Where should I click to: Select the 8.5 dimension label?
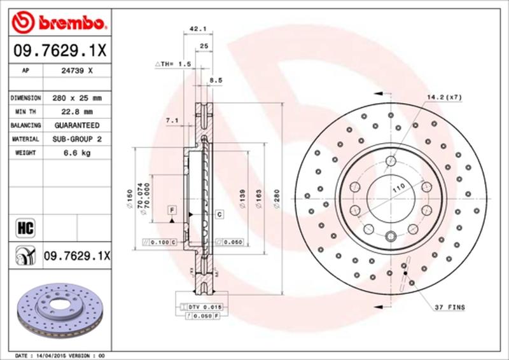[x=216, y=80]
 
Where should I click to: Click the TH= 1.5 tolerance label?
[x=173, y=64]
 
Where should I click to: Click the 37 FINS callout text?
[x=450, y=307]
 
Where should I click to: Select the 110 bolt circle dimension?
[x=398, y=189]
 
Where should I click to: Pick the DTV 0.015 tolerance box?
[x=204, y=307]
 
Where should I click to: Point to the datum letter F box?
[x=172, y=209]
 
